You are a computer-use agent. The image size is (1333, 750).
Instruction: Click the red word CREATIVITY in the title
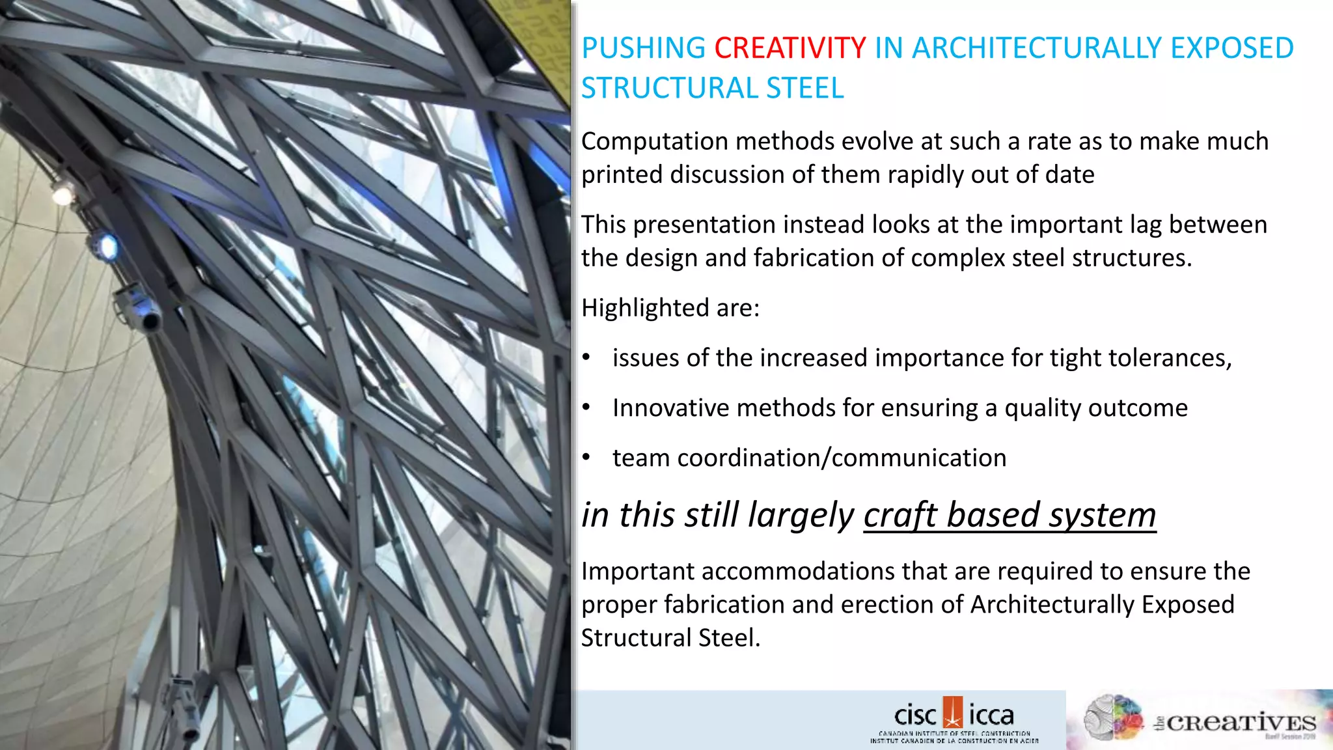790,48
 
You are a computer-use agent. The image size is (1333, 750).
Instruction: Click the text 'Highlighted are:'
670,308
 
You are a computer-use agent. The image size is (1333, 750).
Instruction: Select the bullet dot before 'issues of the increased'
586,357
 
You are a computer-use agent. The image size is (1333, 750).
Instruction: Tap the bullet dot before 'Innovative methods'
586,408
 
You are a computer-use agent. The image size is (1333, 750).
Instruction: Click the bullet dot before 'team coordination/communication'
586,458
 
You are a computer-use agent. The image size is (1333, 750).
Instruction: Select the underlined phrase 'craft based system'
1010,515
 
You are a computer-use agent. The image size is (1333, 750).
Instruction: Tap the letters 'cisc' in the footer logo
914,715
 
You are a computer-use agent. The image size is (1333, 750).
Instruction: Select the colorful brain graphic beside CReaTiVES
1114,717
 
